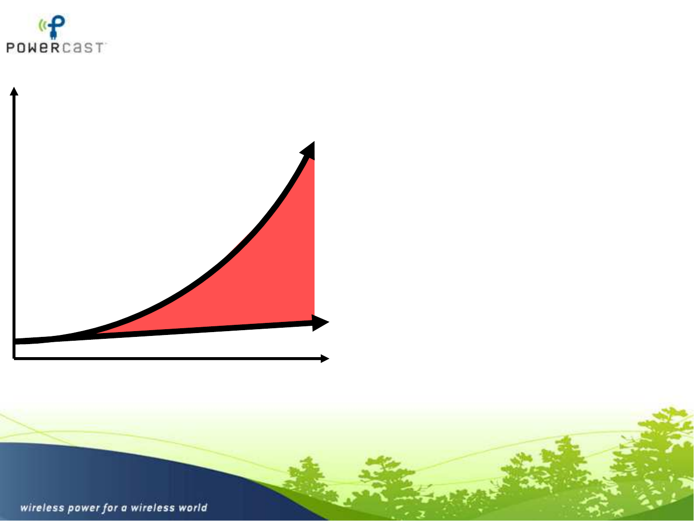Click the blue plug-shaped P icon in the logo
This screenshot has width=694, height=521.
[x=56, y=27]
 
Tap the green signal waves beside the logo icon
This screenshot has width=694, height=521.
[x=42, y=25]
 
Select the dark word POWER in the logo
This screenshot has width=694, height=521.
[x=33, y=48]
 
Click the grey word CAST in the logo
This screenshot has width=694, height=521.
[x=82, y=48]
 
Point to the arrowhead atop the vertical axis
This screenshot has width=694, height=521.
[x=14, y=91]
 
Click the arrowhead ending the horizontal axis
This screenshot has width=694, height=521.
[x=325, y=359]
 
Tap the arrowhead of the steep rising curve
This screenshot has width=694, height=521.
[x=308, y=150]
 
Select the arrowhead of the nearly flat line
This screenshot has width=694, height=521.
[x=320, y=322]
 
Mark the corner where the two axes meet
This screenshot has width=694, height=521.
[x=14, y=359]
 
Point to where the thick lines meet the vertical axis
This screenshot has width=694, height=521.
[x=14, y=341]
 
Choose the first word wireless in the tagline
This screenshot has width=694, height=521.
[x=42, y=508]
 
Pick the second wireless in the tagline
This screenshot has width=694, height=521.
[x=153, y=508]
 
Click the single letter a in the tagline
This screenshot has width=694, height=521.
[x=124, y=508]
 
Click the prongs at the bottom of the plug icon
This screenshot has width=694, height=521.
[x=53, y=36]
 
